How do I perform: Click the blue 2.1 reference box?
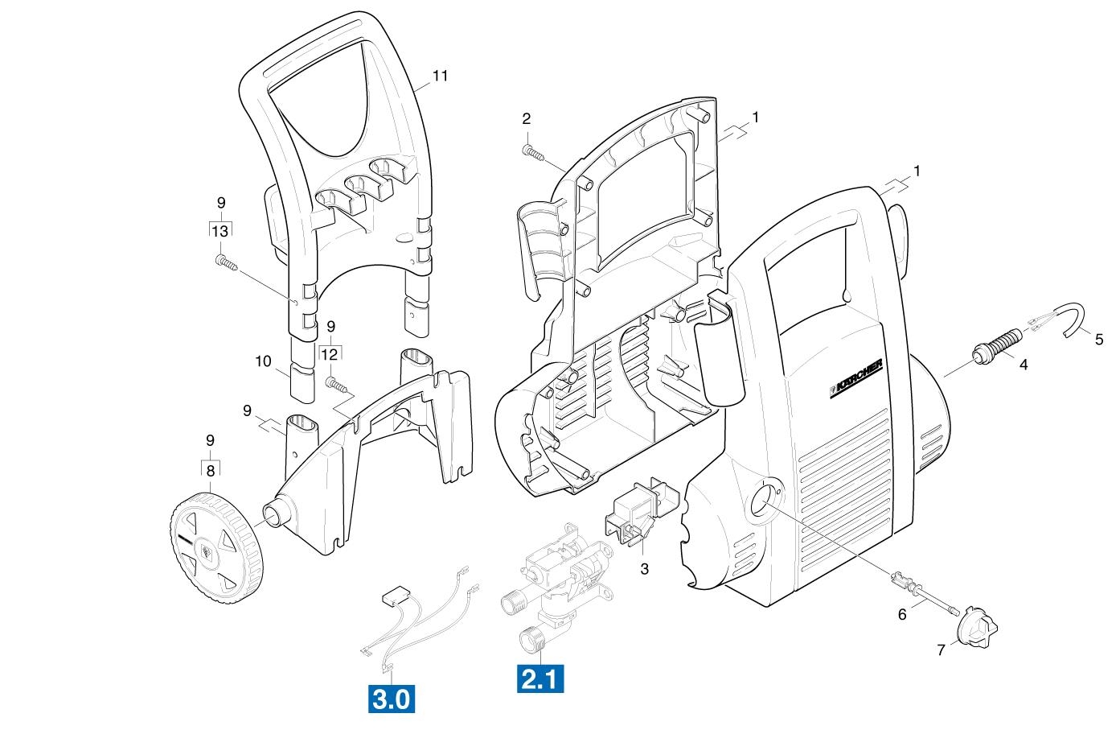pos(540,678)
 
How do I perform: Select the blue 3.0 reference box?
pos(392,699)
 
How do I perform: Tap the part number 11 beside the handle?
pos(440,76)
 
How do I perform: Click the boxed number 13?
pos(220,231)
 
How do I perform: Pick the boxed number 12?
pos(330,354)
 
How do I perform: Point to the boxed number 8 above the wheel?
pos(211,471)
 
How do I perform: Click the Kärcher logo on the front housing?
pos(856,378)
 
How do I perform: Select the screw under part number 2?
pos(533,152)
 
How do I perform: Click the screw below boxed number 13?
pos(226,262)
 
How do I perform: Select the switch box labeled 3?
pos(642,511)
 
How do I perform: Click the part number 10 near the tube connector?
pos(263,361)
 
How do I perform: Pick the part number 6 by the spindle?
pos(902,614)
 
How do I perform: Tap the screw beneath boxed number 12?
pos(337,385)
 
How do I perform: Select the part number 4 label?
pos(1024,365)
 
